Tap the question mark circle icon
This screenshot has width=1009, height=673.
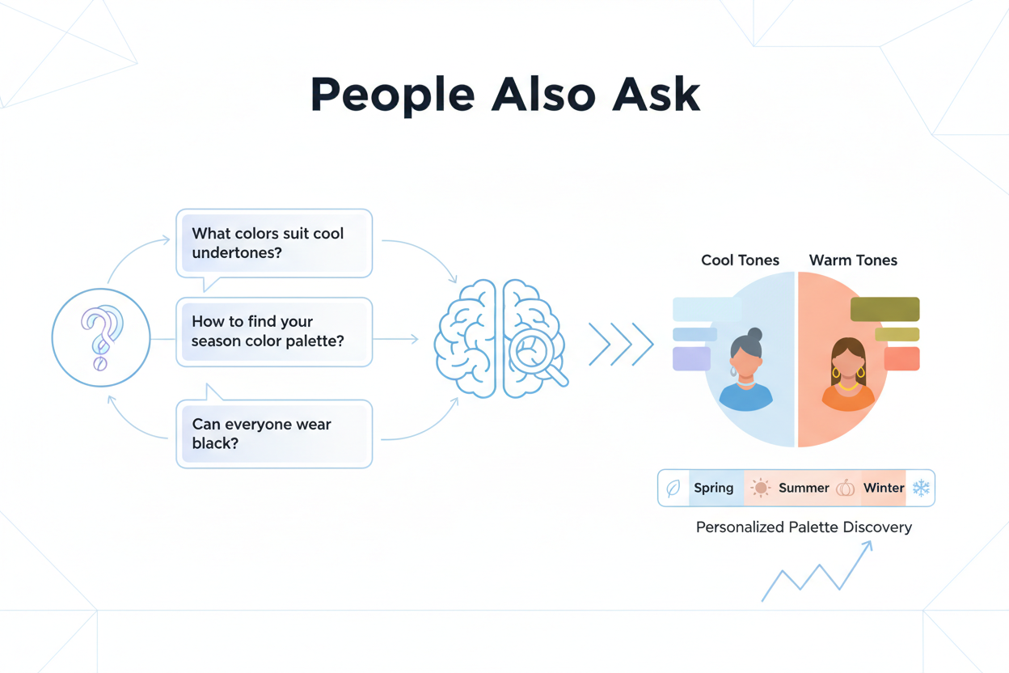(101, 337)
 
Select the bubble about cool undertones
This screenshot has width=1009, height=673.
(274, 243)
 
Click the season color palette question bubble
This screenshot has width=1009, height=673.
(274, 332)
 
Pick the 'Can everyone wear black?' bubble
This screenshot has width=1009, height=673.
(274, 434)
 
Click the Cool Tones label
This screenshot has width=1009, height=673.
(740, 260)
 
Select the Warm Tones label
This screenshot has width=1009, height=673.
(853, 260)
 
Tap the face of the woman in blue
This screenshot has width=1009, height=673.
(746, 361)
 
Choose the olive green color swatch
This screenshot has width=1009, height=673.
(884, 309)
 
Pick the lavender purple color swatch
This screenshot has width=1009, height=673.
(691, 358)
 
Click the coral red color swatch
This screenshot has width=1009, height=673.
(901, 358)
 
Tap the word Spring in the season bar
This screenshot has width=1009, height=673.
(713, 488)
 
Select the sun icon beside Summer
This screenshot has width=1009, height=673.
(760, 488)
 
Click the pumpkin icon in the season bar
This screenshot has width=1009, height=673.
(846, 488)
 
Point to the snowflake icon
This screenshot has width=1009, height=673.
(921, 488)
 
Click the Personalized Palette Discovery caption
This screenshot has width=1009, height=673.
(804, 527)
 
